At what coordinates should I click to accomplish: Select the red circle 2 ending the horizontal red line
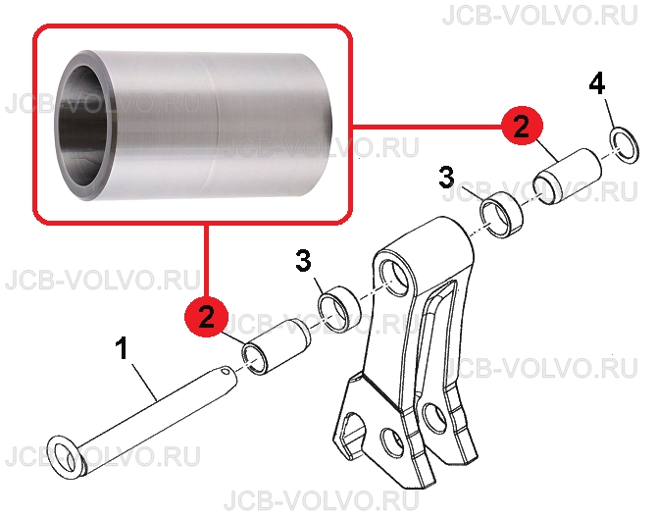[x=522, y=127]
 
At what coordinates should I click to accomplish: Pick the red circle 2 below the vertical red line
[x=207, y=317]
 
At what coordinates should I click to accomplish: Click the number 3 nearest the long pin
[x=303, y=260]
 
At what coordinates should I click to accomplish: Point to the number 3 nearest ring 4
[x=446, y=178]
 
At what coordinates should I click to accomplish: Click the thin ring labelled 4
[x=624, y=147]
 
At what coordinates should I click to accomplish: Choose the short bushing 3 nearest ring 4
[x=501, y=215]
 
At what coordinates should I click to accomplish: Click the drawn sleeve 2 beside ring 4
[x=568, y=177]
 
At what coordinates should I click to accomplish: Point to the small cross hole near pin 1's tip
[x=226, y=371]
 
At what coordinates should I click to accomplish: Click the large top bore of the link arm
[x=395, y=276]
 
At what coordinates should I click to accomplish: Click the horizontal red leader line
[x=427, y=126]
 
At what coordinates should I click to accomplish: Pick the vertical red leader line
[x=206, y=261]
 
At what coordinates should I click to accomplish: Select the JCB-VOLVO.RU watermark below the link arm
[x=322, y=500]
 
